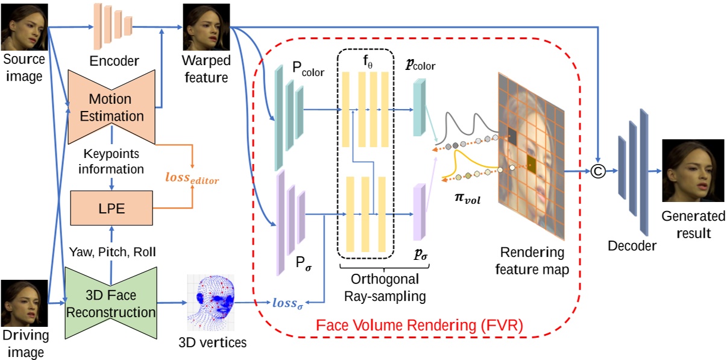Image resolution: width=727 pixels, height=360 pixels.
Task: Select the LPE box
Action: tap(112, 209)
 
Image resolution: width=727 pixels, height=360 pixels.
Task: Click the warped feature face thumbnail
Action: tap(206, 28)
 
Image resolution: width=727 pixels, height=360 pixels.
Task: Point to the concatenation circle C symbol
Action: tap(597, 172)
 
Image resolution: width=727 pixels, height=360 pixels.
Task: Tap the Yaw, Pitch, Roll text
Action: tap(113, 251)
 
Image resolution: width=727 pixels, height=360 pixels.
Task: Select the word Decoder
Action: tap(633, 245)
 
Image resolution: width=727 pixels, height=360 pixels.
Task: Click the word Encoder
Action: tap(114, 61)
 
